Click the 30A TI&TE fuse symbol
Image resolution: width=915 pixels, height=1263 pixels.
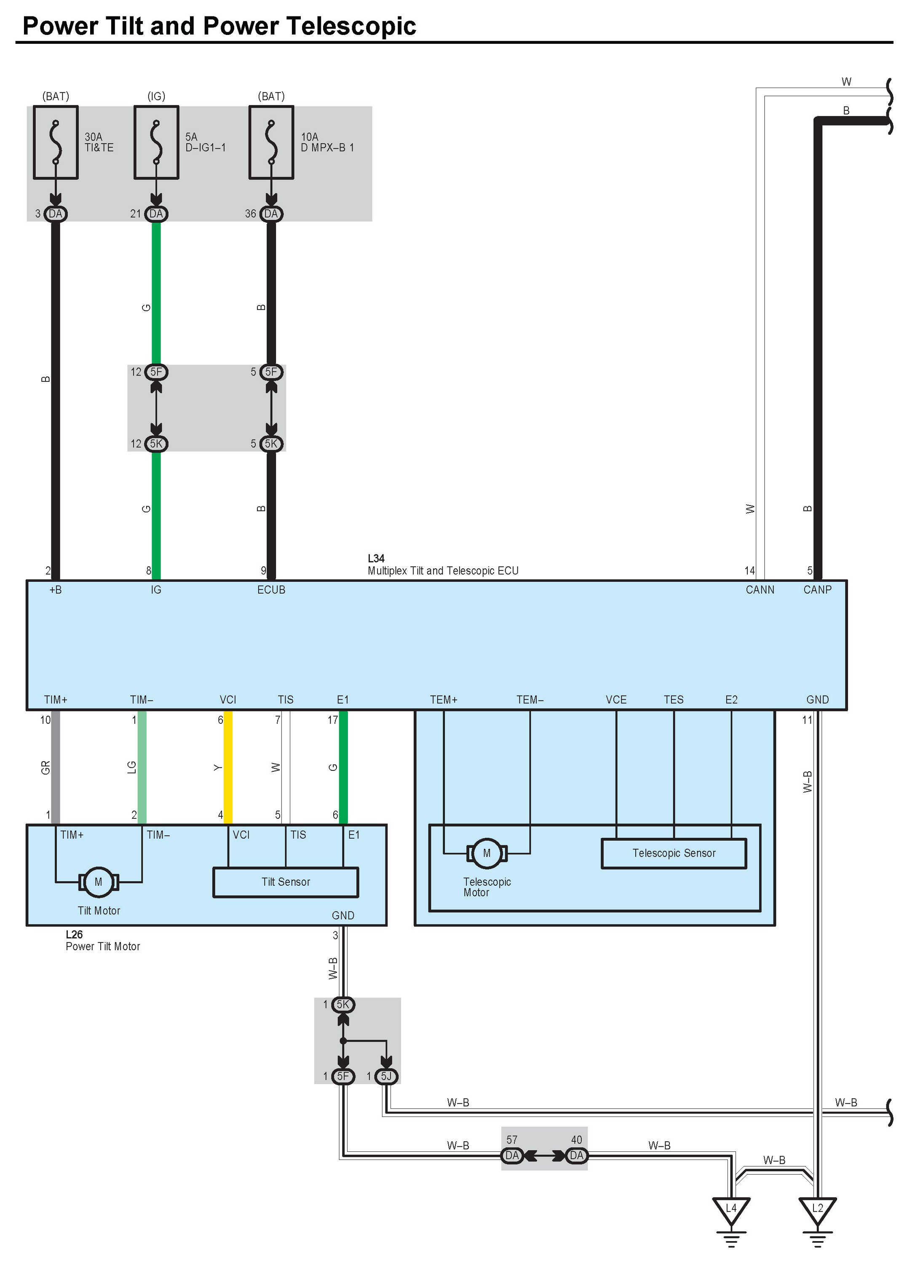point(56,143)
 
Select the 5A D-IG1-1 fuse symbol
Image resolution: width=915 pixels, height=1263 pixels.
point(157,143)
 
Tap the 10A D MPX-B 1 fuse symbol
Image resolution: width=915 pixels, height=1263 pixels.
point(271,143)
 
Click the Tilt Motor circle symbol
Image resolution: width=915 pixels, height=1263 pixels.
point(99,882)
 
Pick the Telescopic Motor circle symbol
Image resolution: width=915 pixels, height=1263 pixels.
point(487,853)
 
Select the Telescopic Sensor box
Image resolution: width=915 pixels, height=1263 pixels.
point(674,853)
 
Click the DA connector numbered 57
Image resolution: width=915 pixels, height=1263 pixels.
point(511,1156)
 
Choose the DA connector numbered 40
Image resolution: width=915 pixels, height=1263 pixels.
point(577,1156)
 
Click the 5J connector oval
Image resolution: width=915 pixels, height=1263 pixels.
point(386,1076)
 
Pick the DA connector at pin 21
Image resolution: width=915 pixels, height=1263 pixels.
point(157,214)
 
